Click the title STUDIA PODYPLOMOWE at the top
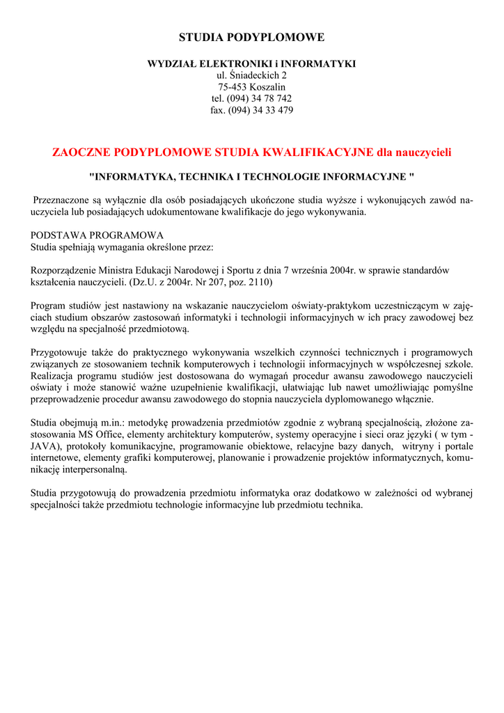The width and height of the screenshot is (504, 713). [x=251, y=37]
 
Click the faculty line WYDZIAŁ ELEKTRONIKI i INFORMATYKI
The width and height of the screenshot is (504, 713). [x=251, y=63]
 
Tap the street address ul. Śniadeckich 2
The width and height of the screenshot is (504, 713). [x=251, y=75]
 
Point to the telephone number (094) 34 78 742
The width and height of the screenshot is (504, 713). [x=259, y=99]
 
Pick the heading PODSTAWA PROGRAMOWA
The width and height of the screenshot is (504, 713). [x=97, y=235]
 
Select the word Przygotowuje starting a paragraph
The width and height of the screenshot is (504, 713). [x=61, y=352]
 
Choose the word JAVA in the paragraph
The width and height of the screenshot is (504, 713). [x=45, y=447]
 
